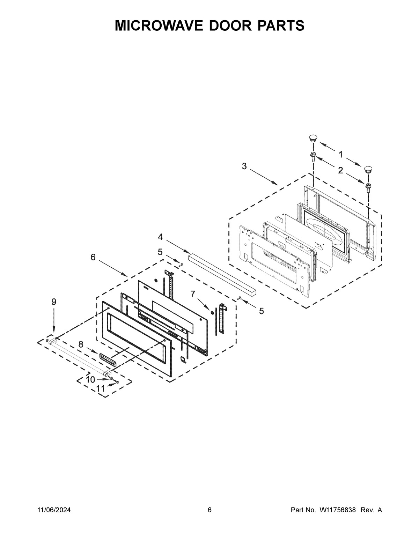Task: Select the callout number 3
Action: pos(244,166)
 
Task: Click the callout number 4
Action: pos(160,237)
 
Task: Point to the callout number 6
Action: pos(93,257)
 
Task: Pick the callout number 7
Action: pos(193,294)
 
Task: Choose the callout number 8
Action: pos(81,344)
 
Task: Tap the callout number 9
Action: pos(54,302)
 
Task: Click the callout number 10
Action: pos(90,380)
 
